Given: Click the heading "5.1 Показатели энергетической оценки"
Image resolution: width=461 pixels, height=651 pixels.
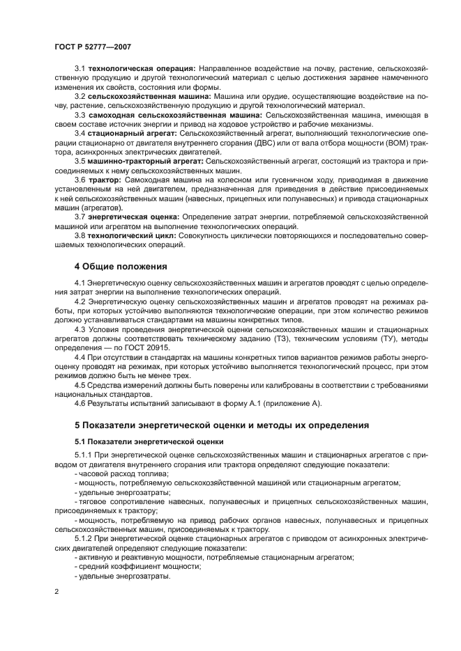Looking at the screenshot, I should (x=149, y=441).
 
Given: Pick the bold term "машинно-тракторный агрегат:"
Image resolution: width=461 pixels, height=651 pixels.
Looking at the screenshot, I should (x=145, y=160).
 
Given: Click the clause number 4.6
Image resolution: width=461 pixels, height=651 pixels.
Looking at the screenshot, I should (x=80, y=403).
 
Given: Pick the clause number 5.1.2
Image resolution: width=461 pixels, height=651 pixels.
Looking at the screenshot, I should (x=84, y=538).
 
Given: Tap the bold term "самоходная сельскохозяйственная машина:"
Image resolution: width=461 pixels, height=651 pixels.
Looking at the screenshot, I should (x=176, y=114).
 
